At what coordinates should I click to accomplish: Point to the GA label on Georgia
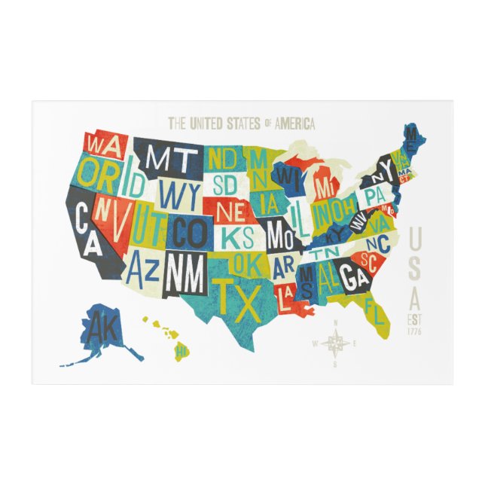click(353, 277)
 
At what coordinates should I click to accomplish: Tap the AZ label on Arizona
click(142, 264)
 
